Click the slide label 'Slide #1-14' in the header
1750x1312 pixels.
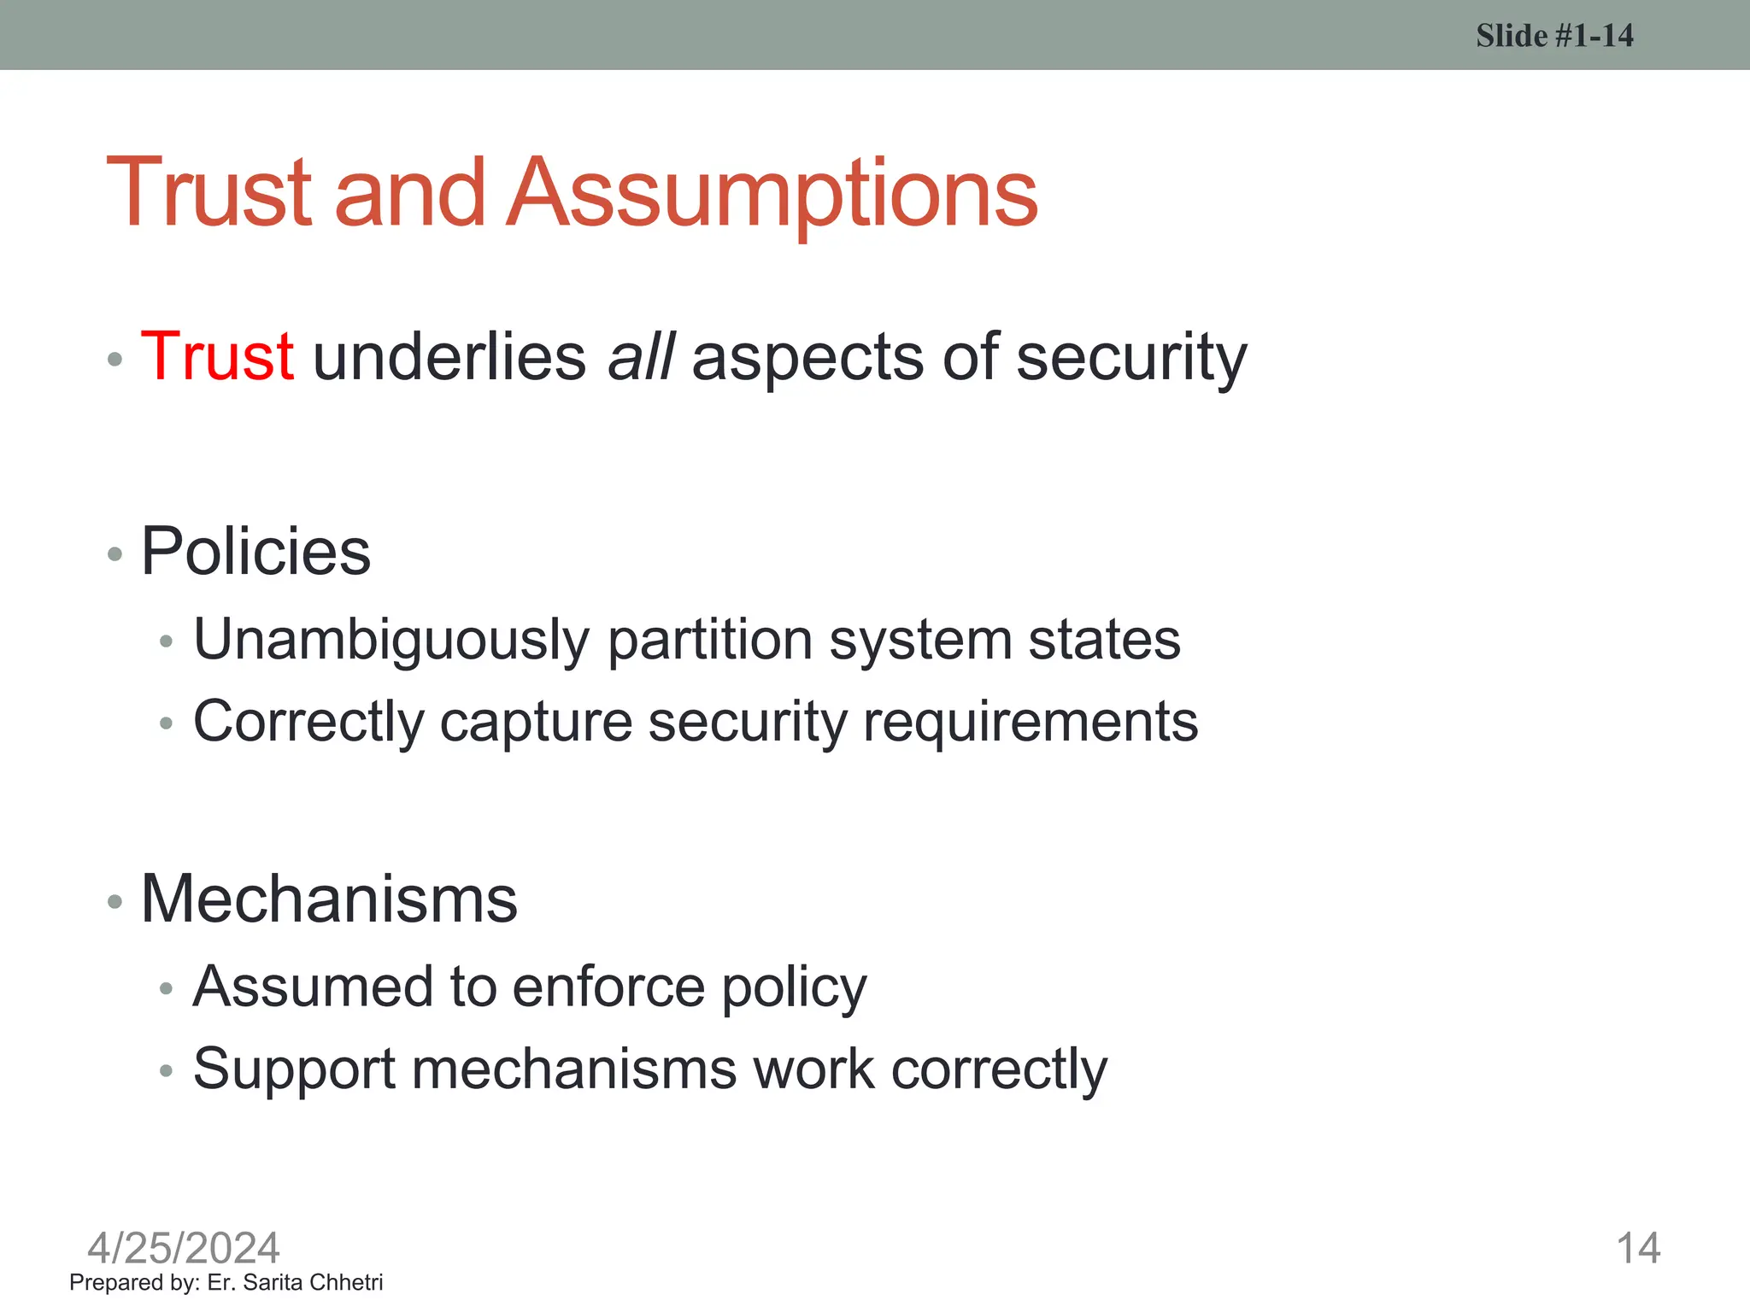tap(1554, 36)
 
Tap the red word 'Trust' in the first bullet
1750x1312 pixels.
tap(218, 356)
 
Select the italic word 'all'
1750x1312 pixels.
tap(640, 356)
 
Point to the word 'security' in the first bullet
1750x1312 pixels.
tap(1131, 358)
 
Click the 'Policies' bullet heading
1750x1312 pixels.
tap(255, 551)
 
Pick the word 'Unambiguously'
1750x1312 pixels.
tap(391, 640)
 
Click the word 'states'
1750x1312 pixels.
tap(1104, 640)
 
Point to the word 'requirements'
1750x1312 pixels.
tap(1031, 723)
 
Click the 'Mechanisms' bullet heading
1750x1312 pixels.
tap(329, 899)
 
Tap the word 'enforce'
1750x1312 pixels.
tap(608, 987)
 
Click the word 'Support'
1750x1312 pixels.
tap(294, 1069)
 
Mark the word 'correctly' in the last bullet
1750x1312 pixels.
tap(998, 1069)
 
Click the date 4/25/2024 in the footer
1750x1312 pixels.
tap(184, 1248)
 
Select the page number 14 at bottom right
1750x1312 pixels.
tap(1638, 1248)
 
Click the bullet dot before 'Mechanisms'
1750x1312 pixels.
tap(115, 901)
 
